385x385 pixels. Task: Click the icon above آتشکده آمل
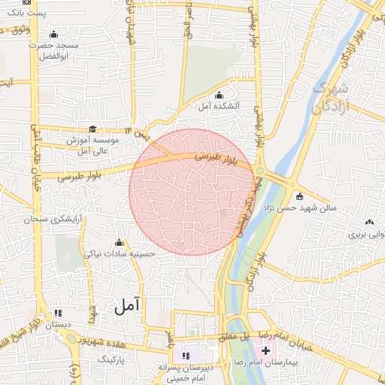click(219, 95)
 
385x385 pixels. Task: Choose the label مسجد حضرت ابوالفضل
click(53, 50)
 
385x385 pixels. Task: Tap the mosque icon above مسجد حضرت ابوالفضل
click(53, 35)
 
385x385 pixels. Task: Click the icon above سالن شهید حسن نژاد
click(300, 197)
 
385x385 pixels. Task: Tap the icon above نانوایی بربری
click(369, 222)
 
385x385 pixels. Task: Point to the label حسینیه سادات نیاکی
click(120, 253)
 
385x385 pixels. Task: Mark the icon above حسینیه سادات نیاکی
click(119, 242)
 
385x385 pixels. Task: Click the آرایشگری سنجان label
click(56, 220)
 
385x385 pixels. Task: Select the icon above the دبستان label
click(58, 314)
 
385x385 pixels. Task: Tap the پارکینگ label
click(113, 360)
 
